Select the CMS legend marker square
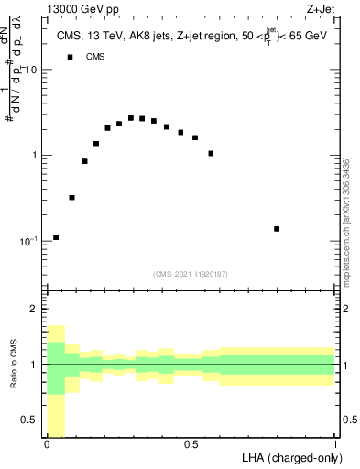point(70,57)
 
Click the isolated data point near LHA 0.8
point(277,229)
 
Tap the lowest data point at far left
point(56,237)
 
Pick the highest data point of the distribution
point(131,118)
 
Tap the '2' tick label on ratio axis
point(36,310)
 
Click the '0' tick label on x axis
point(47,443)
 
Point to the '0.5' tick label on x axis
point(191,443)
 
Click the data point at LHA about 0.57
point(211,153)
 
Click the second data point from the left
point(71,197)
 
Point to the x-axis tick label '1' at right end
point(335,443)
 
